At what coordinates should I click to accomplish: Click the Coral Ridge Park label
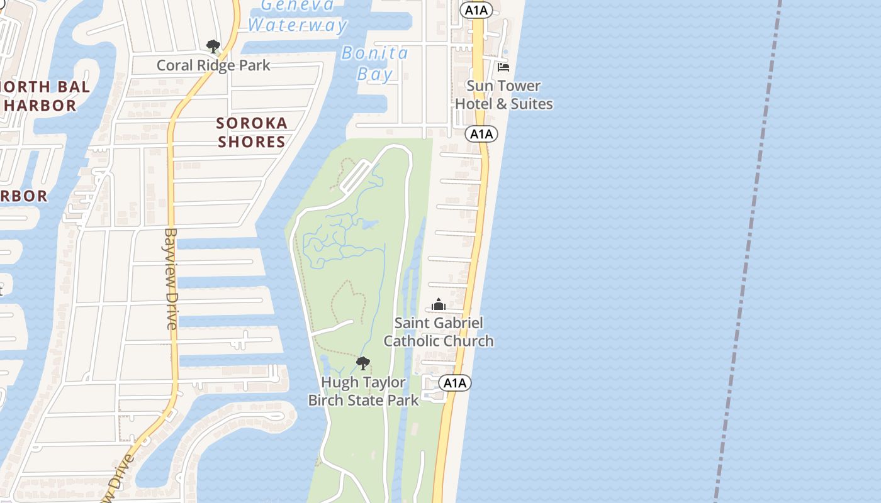click(x=213, y=65)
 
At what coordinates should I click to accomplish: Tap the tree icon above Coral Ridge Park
click(x=213, y=46)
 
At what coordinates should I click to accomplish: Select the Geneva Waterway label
click(x=297, y=16)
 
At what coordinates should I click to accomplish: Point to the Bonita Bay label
click(x=375, y=64)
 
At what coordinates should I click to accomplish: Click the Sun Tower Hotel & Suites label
click(x=503, y=94)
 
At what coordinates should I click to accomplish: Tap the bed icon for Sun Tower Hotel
click(x=503, y=67)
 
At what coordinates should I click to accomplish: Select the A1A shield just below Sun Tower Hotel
click(x=481, y=134)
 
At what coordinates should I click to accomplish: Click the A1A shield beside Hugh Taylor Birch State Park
click(x=454, y=383)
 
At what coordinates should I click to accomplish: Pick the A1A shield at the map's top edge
click(x=476, y=9)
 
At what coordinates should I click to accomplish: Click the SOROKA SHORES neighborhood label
click(x=252, y=132)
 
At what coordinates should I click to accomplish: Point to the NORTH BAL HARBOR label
click(x=44, y=96)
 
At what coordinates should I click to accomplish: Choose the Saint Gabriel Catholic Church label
click(x=439, y=332)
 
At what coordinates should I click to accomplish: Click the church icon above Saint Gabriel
click(x=439, y=305)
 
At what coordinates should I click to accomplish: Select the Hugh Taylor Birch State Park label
click(x=363, y=390)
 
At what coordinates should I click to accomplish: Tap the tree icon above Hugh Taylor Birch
click(x=362, y=363)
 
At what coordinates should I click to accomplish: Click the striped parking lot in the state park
click(x=356, y=175)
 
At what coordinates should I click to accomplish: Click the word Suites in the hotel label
click(x=533, y=104)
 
